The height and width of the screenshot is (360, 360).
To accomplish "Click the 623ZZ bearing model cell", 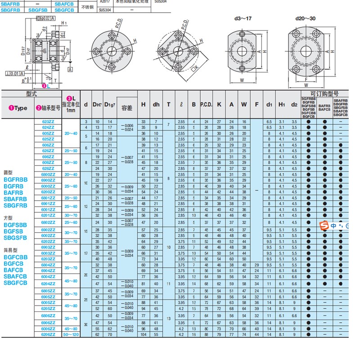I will click(48, 122).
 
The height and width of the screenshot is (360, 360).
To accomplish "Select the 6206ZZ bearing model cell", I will click(48, 335).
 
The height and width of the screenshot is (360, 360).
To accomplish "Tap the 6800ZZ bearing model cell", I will click(48, 174).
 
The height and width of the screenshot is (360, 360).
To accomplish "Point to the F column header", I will click(256, 104).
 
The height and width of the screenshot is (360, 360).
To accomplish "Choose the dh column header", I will click(156, 104).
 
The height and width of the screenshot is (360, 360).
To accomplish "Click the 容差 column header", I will click(126, 108).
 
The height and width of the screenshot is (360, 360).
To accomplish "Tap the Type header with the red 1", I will click(18, 108).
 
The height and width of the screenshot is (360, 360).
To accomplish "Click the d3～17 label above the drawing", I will click(243, 19).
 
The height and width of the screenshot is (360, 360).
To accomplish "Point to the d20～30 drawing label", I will click(306, 19).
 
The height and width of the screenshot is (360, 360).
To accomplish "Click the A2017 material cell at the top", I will click(104, 2).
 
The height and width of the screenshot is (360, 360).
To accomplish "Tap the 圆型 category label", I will click(9, 172).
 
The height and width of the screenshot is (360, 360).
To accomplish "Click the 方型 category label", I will click(9, 217).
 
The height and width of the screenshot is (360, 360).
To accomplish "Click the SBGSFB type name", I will click(15, 238).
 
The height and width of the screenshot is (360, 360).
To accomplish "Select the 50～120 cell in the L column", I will click(71, 335).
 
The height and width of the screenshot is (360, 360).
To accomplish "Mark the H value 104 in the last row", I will click(143, 335).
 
